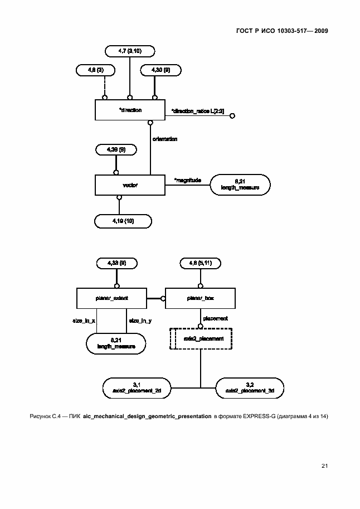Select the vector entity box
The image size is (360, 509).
(x=130, y=185)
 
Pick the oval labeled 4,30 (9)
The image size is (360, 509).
(x=155, y=70)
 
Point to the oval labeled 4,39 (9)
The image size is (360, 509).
(x=115, y=149)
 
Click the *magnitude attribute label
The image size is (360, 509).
(x=187, y=180)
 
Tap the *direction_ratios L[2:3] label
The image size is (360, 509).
(x=197, y=112)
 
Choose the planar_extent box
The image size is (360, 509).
(x=111, y=298)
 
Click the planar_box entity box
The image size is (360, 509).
(x=201, y=298)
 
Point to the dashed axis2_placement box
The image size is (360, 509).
(x=201, y=338)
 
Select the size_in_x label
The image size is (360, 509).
(x=84, y=321)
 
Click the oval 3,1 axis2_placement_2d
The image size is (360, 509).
(x=137, y=387)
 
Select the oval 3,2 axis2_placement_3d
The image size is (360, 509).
(x=249, y=387)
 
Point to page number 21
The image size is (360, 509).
(x=324, y=465)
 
